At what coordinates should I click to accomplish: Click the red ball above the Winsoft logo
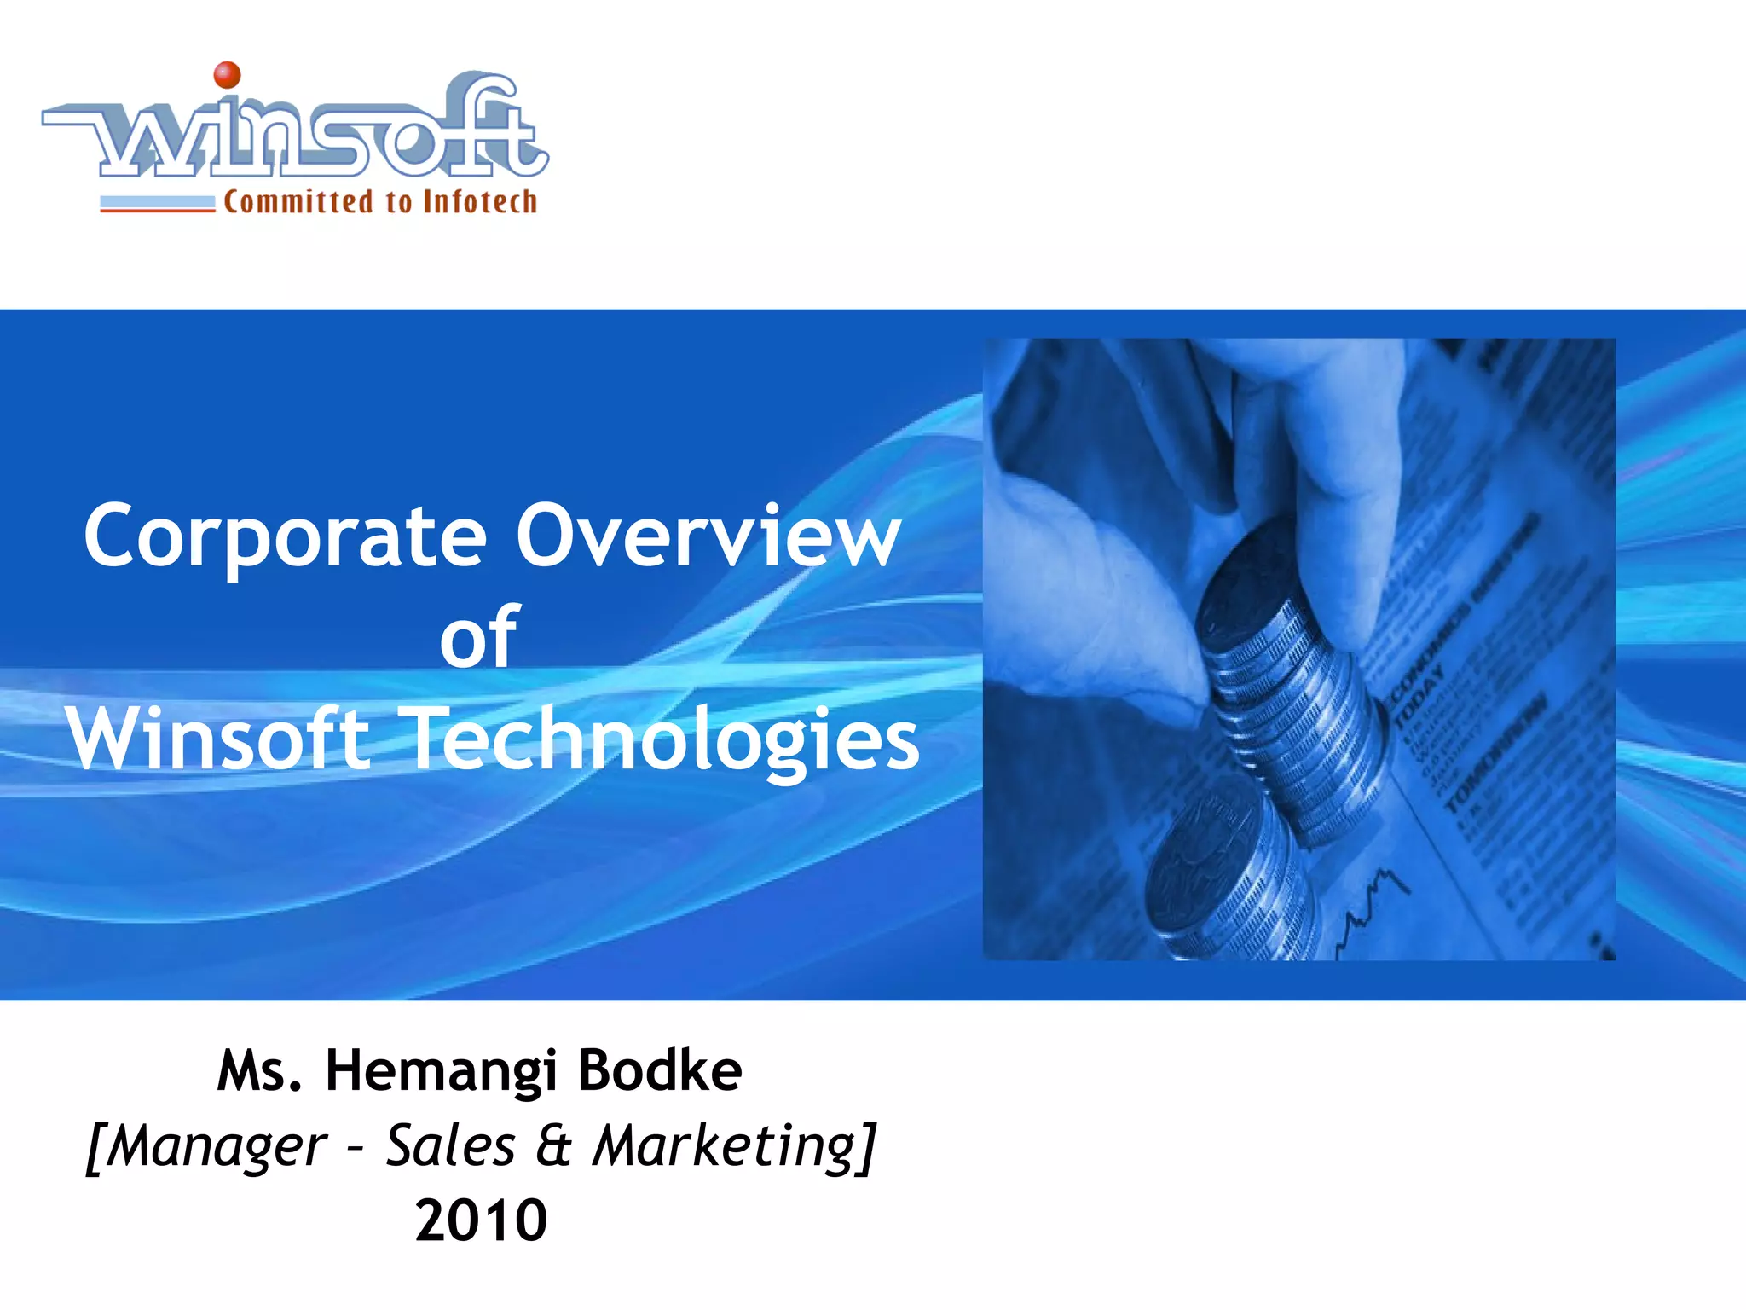coord(227,74)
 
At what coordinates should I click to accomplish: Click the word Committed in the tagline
coord(298,202)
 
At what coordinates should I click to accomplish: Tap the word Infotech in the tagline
coord(480,202)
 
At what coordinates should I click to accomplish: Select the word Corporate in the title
coord(286,536)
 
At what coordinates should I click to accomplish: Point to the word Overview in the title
coord(708,536)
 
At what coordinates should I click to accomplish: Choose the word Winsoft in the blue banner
coord(218,739)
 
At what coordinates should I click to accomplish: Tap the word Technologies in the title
coord(664,739)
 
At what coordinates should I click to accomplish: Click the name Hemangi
coord(441,1071)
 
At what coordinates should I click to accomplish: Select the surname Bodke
coord(660,1071)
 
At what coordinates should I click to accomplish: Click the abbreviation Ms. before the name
coord(259,1071)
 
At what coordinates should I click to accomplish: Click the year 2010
coord(481,1220)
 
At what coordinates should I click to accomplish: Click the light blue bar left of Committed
coord(158,202)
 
